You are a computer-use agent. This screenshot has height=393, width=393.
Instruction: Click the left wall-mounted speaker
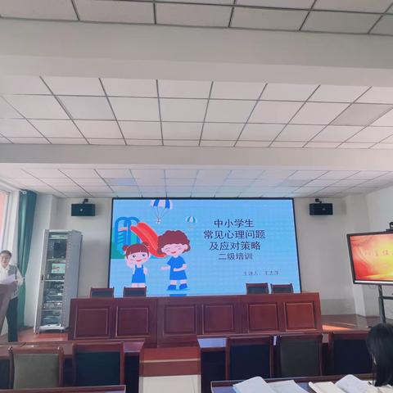pos(83,209)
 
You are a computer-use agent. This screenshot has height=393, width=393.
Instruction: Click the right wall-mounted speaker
pos(320,209)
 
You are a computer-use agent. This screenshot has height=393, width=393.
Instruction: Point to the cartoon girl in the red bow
pos(138,264)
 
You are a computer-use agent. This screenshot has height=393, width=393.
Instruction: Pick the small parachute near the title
pos(191,221)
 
